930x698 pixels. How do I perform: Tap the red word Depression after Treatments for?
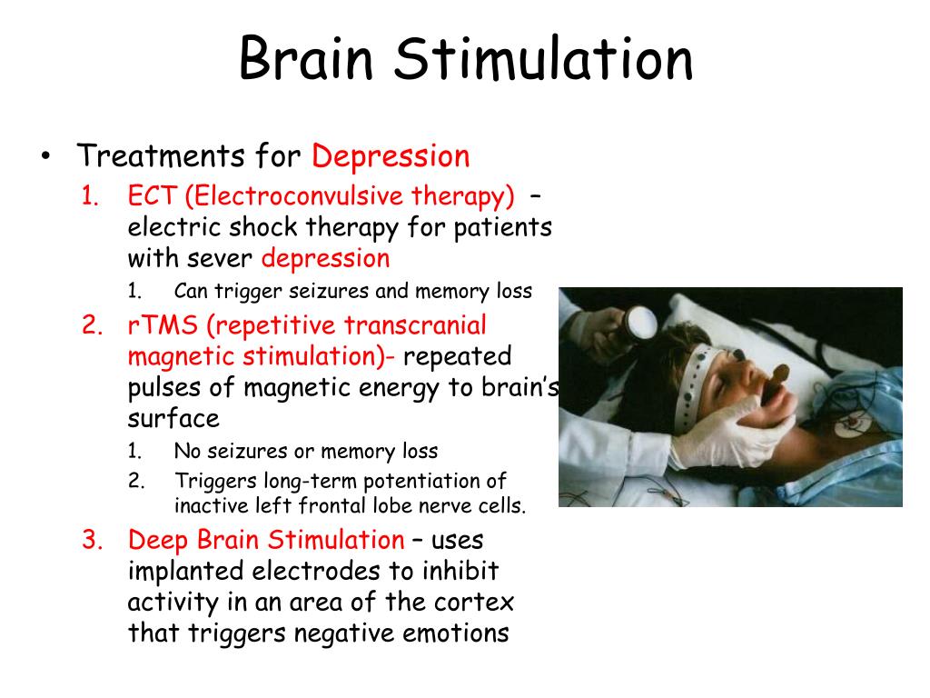coord(391,156)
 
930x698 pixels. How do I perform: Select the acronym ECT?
coord(153,196)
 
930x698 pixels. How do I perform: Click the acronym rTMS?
coord(163,325)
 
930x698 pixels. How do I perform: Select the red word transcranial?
coord(415,325)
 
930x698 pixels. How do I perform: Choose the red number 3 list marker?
coord(92,540)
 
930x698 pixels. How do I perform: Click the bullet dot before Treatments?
coord(45,156)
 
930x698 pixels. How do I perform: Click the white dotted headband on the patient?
coord(695,381)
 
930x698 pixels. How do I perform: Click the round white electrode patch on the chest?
coord(852,425)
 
